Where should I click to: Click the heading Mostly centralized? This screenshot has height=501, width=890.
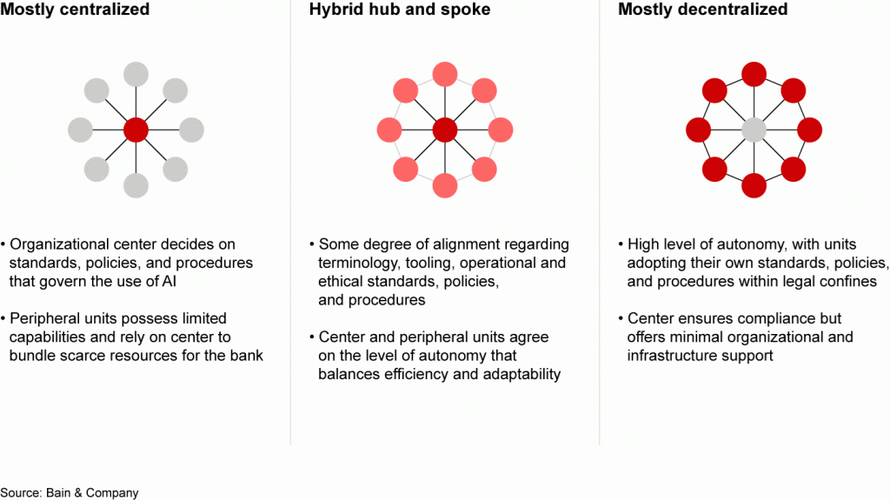[75, 10]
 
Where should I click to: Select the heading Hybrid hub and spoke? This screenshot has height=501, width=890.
[400, 10]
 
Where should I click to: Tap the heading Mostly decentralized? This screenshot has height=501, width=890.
[702, 10]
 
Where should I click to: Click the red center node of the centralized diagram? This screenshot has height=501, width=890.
[136, 130]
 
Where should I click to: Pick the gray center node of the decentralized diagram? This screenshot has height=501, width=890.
[754, 130]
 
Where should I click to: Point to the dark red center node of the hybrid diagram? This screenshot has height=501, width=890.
[445, 130]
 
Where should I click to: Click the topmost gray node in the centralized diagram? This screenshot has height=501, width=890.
[136, 75]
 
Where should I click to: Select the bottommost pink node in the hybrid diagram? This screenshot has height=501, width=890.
[445, 186]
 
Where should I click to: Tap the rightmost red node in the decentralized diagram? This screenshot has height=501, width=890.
[809, 130]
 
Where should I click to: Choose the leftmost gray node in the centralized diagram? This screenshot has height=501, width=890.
[80, 130]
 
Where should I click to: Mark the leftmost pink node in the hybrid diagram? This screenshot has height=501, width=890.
[389, 130]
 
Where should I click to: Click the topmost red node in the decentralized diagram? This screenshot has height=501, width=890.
[754, 75]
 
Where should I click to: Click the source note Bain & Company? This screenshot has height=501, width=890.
[70, 493]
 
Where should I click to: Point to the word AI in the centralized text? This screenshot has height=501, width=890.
[169, 282]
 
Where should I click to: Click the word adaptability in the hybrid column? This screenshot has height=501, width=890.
[521, 375]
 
